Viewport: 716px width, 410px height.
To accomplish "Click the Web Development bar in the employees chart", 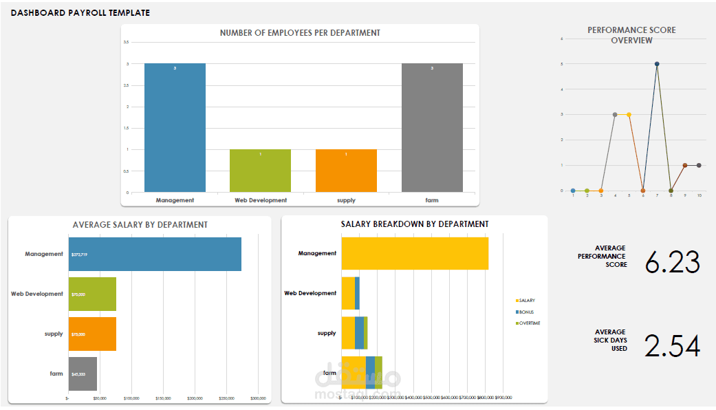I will point(260,171).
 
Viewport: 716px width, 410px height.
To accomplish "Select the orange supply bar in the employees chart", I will point(346,171).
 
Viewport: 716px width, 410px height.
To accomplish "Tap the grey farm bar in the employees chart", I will point(432,128).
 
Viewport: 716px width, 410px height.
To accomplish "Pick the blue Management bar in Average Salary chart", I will point(155,254).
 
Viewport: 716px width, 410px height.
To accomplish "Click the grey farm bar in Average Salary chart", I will point(83,374).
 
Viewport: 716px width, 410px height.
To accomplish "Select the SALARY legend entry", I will point(527,301).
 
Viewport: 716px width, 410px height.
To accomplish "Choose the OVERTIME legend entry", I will point(529,323).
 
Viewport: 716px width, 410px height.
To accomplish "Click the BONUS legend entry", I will point(526,312).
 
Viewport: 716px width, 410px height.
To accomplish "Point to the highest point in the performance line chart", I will point(657,64).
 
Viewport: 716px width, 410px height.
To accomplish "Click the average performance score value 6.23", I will point(672,262).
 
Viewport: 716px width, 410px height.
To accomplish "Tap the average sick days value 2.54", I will point(672,346).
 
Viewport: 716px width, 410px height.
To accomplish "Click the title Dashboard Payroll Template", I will point(80,13).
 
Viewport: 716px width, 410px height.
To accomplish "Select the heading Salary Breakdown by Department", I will point(415,224).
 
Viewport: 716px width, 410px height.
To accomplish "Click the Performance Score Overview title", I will point(631,35).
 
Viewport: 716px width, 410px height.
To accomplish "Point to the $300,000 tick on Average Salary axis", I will point(258,398).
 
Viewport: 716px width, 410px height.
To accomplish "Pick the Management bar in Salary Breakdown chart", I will point(415,253).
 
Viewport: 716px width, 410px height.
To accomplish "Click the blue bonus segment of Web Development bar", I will point(357,293).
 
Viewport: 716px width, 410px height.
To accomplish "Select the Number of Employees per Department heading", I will point(300,33).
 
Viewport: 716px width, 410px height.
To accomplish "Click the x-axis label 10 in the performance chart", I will point(699,195).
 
